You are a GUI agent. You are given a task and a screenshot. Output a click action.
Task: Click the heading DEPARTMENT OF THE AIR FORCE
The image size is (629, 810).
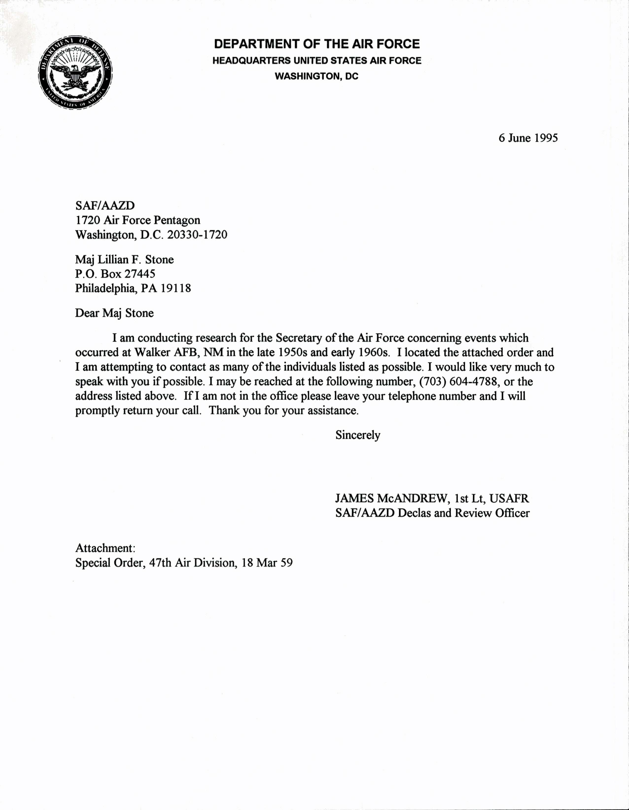click(317, 44)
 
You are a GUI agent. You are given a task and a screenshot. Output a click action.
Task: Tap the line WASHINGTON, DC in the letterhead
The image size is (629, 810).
click(316, 76)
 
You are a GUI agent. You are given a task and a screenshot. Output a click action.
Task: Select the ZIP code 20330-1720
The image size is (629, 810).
click(197, 235)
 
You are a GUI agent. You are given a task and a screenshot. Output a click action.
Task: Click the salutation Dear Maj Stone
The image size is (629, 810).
click(114, 313)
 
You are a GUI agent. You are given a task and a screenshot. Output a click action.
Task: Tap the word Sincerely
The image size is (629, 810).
click(358, 435)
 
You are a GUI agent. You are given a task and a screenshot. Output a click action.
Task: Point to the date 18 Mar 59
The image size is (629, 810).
click(267, 563)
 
